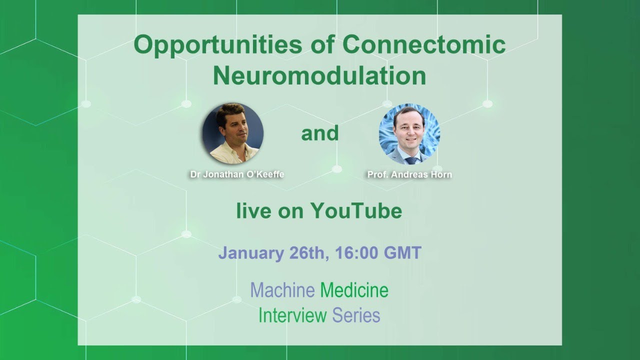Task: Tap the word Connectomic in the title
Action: pos(424,45)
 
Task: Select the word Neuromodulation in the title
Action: pos(319,76)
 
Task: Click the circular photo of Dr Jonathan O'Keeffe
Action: pos(232,133)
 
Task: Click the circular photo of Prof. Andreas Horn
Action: pos(409,134)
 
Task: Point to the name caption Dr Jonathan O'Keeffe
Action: pos(237,175)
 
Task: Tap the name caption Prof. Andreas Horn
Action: pos(409,175)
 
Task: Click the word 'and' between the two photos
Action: pos(319,133)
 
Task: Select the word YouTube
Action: pos(356,211)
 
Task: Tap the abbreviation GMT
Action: pos(402,252)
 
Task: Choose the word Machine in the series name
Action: pos(282,290)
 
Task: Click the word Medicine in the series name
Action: pos(354,290)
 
